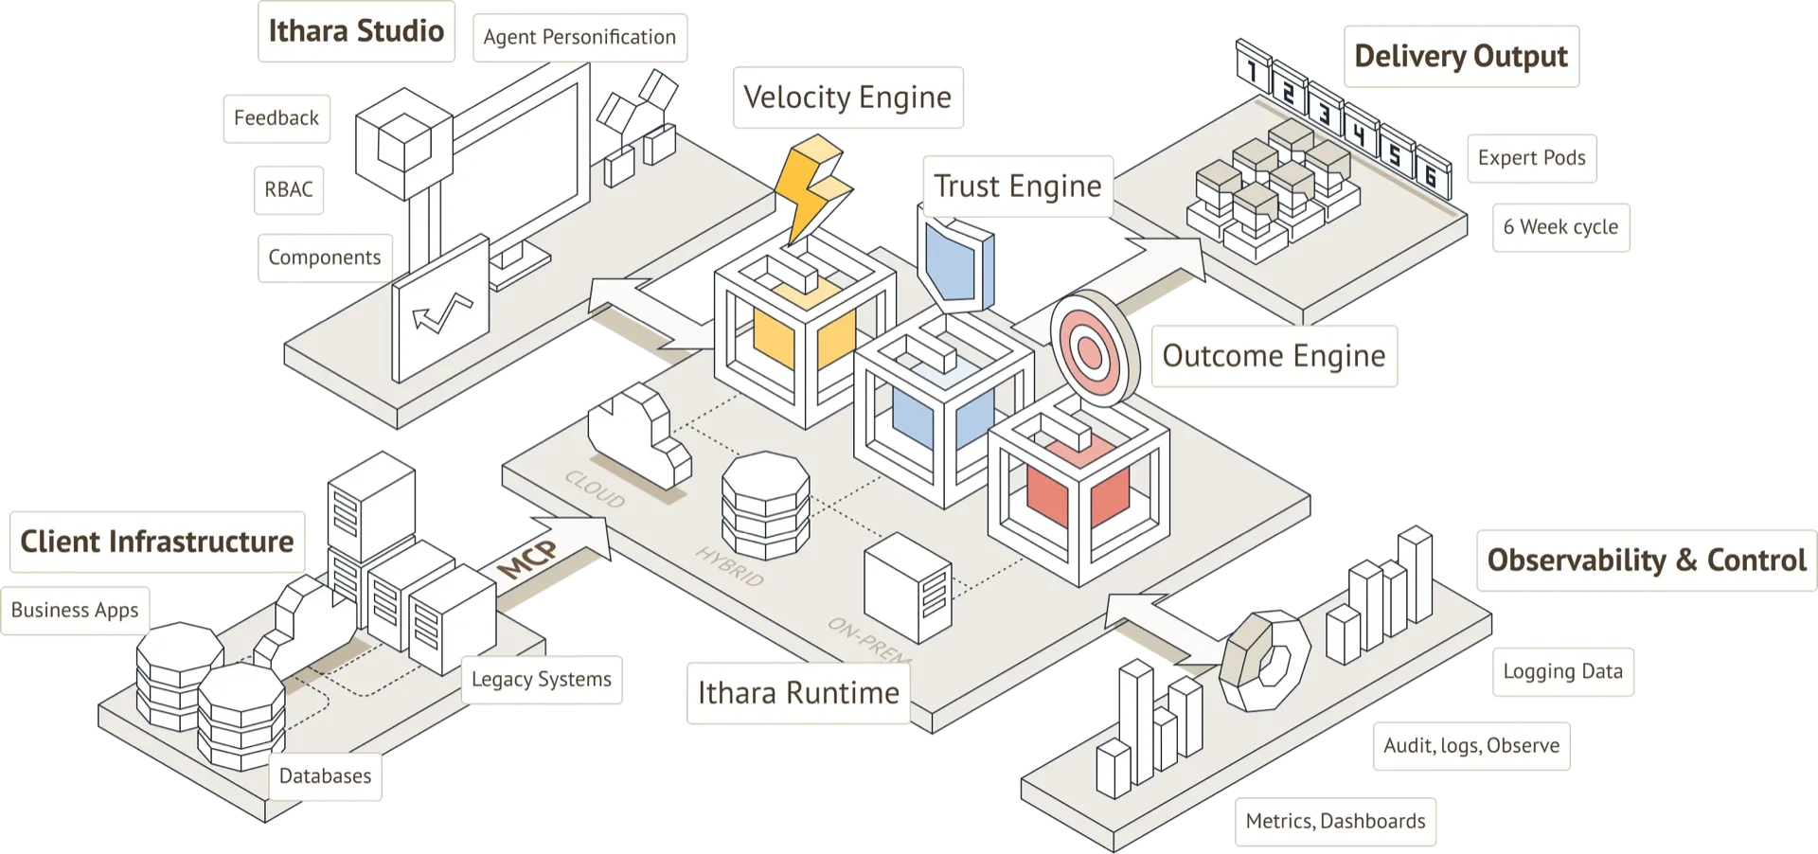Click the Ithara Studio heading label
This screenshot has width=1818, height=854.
356,31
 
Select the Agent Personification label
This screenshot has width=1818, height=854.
579,37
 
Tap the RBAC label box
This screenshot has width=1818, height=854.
288,189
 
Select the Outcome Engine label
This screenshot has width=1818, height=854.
1274,356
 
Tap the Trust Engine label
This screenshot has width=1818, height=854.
1017,187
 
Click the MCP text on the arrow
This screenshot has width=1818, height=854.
528,560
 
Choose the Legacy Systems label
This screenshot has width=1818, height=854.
542,679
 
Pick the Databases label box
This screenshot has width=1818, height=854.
325,776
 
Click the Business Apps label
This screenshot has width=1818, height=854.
75,611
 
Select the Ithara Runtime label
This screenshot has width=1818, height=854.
797,693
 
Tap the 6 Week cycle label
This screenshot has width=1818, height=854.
1560,227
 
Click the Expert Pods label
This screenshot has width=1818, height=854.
1531,158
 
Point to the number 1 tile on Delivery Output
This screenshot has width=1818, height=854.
1253,68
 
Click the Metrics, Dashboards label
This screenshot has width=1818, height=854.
1335,821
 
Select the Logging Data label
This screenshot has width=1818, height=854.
1562,672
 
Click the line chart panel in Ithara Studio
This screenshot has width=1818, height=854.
441,312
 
